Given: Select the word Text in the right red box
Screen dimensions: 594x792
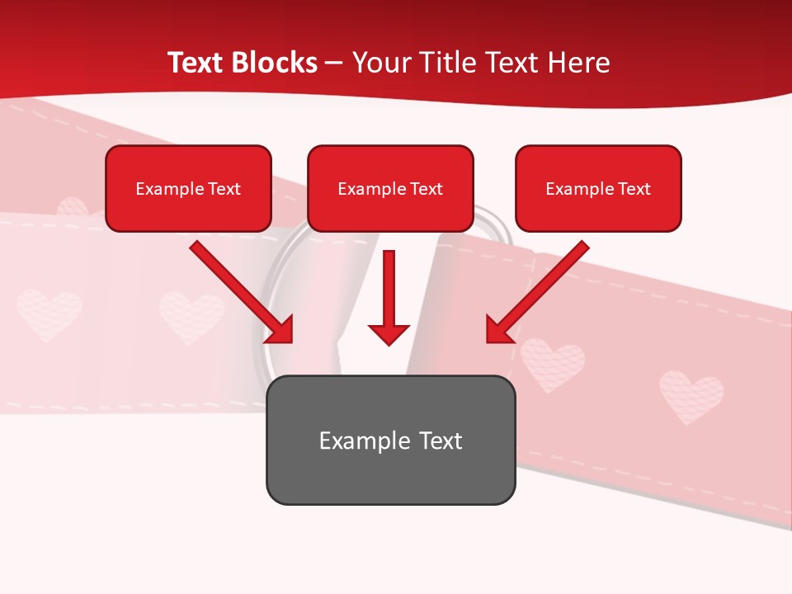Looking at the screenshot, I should [x=634, y=189].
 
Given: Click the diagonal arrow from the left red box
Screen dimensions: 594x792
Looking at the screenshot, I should [x=239, y=290].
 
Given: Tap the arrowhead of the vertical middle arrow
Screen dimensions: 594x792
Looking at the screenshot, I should [x=389, y=334].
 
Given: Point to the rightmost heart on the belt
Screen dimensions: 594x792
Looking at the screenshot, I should [x=691, y=397].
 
